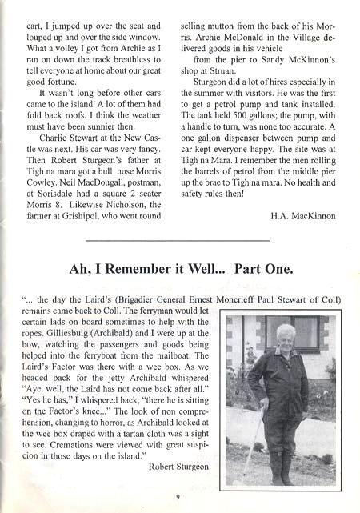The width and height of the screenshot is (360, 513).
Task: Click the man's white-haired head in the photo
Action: (x=286, y=334)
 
